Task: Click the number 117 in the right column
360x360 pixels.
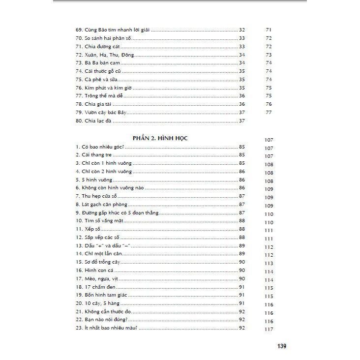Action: tap(269, 330)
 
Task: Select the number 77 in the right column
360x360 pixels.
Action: tap(269, 113)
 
